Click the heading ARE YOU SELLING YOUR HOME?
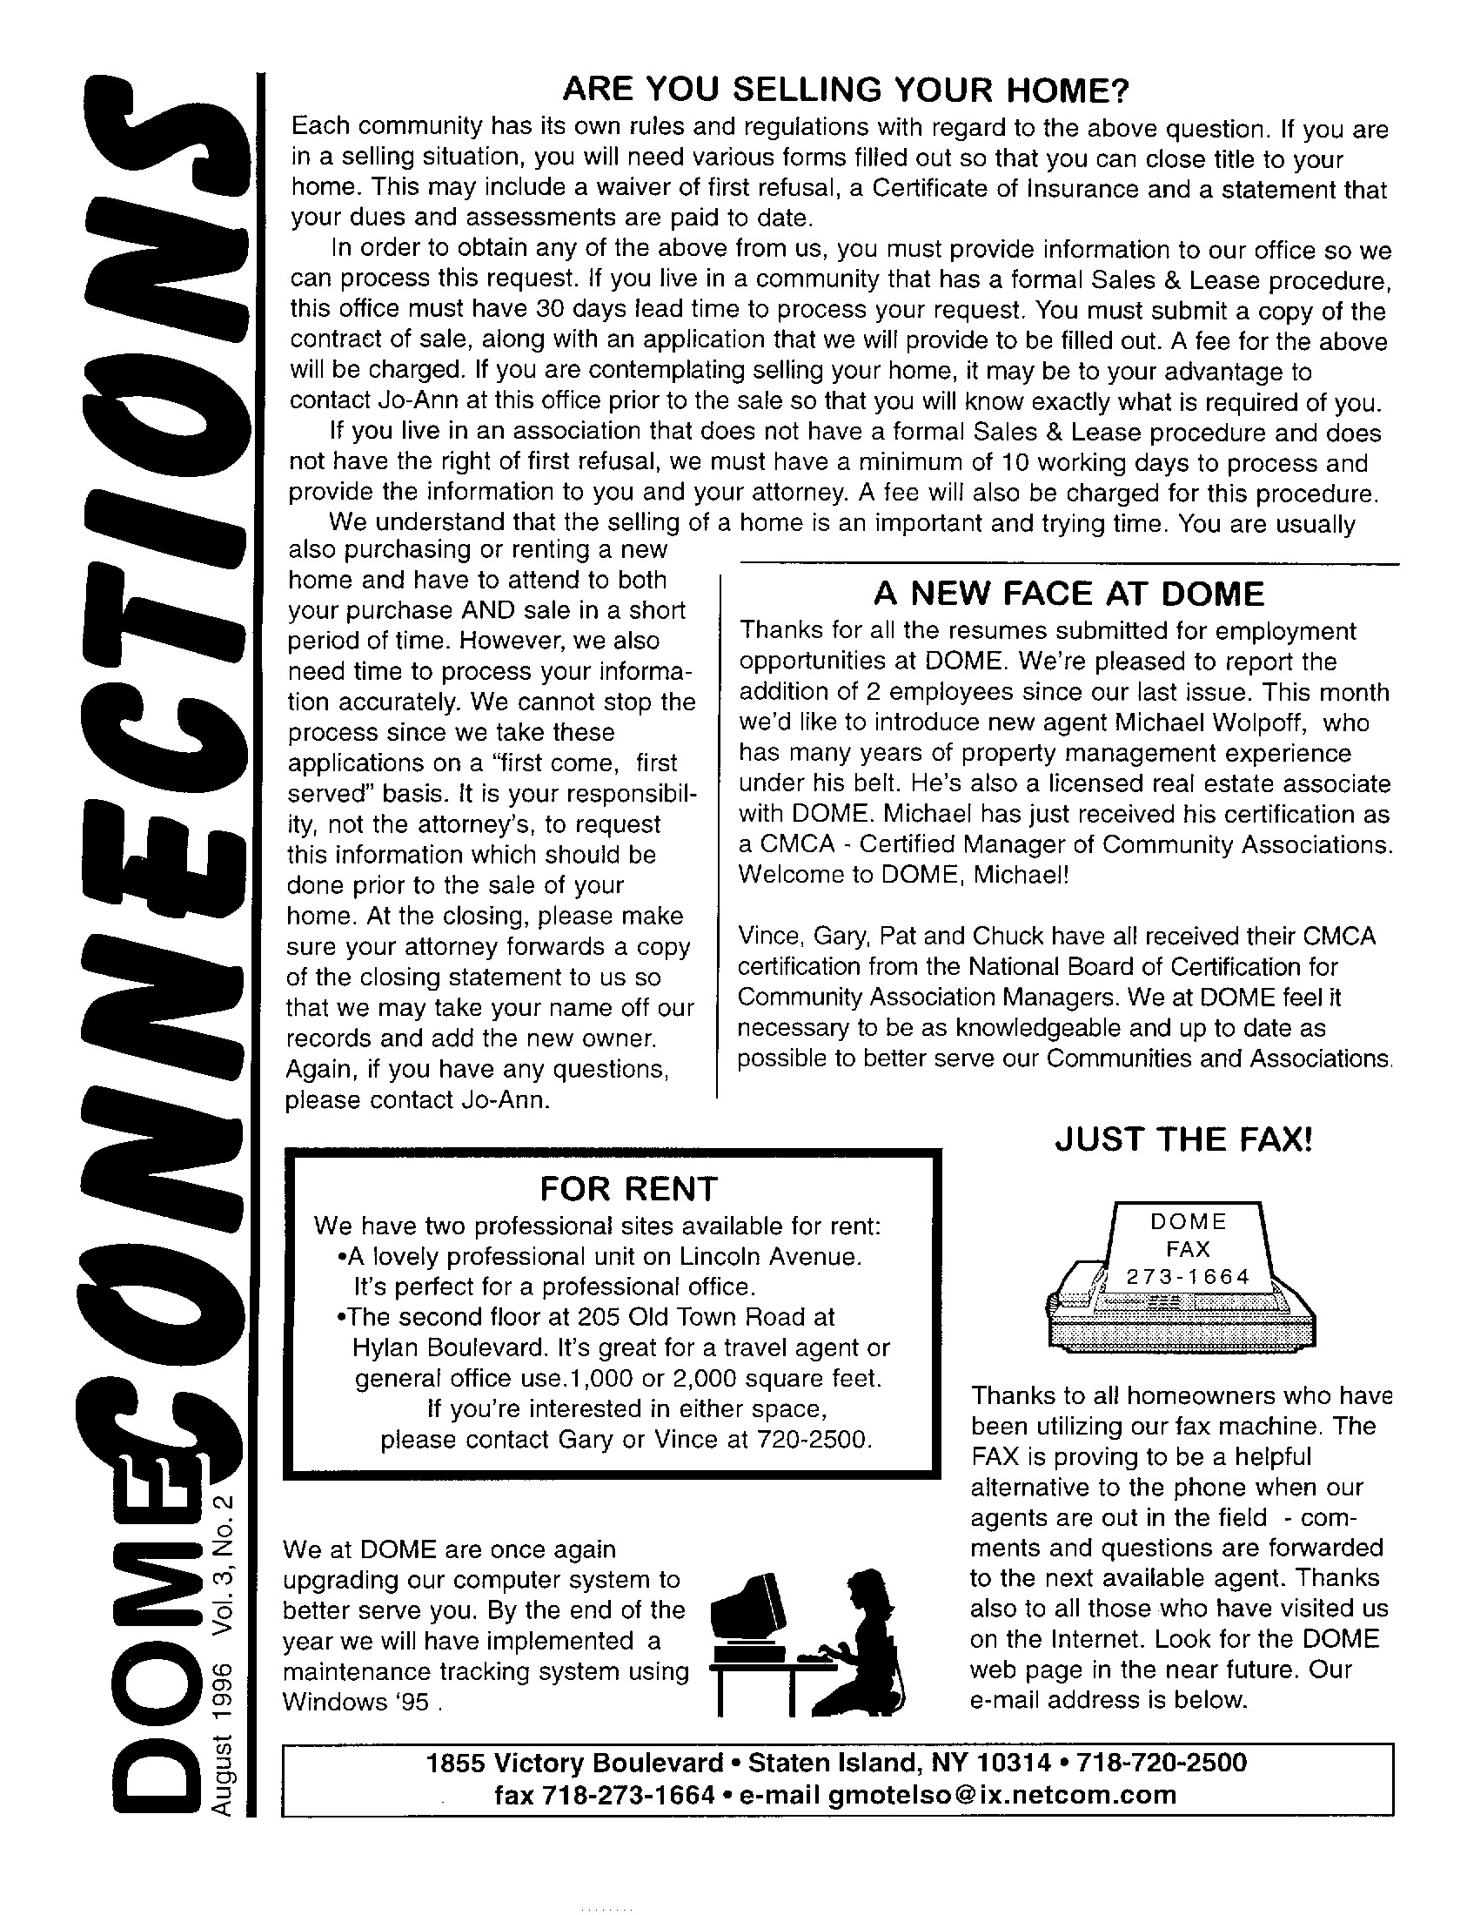(845, 89)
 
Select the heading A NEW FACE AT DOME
(1068, 594)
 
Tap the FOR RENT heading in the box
(628, 1188)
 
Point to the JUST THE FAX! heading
(1183, 1139)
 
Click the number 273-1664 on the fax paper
(1188, 1276)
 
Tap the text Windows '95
(357, 1702)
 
